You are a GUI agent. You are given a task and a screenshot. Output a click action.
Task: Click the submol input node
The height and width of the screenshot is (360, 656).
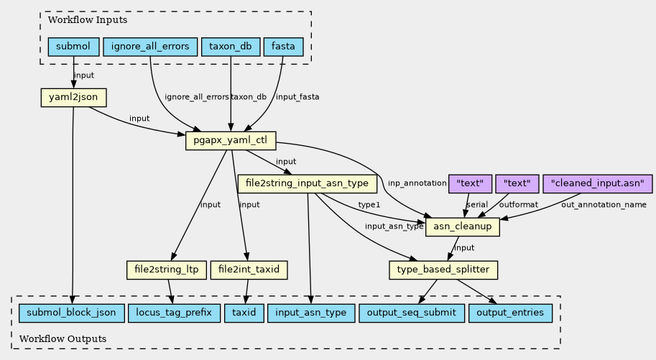[x=73, y=47]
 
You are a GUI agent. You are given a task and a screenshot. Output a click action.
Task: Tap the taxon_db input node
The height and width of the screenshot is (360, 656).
[x=230, y=47]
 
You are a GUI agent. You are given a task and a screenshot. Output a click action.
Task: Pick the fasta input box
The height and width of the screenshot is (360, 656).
[x=284, y=47]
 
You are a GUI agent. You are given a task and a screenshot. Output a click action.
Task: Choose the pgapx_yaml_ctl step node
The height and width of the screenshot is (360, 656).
[x=231, y=140]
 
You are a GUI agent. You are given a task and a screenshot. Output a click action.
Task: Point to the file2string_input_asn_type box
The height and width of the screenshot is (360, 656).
[x=308, y=183]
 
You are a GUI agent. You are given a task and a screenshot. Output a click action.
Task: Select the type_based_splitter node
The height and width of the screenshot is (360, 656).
[x=443, y=270]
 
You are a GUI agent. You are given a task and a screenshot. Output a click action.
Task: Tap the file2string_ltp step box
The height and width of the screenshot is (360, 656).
[x=166, y=270]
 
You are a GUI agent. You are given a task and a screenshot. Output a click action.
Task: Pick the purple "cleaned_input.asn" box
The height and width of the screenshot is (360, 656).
[x=598, y=183]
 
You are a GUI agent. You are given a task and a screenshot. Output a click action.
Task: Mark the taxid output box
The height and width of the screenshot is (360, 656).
[x=244, y=313]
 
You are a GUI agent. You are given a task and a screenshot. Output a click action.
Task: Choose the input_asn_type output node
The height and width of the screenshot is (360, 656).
[x=310, y=313]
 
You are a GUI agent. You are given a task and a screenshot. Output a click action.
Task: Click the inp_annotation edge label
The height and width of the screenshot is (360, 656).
[x=417, y=183]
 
